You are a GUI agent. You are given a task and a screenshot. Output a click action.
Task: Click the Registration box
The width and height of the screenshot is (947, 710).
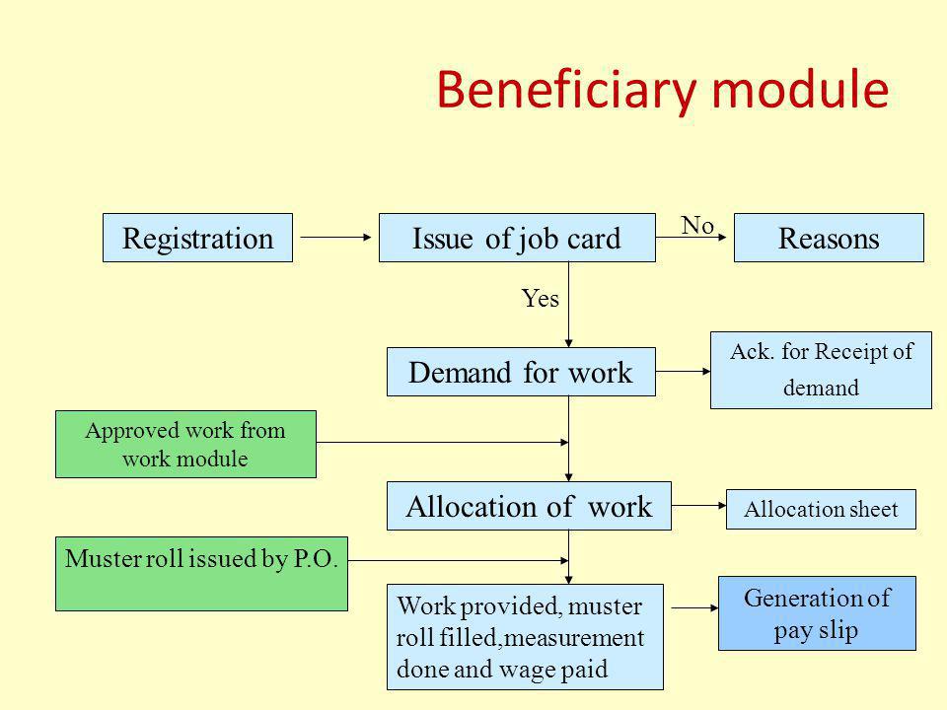197,238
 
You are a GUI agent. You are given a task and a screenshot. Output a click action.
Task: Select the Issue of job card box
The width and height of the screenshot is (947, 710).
517,238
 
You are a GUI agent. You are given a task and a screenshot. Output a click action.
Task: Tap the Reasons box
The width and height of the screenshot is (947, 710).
829,238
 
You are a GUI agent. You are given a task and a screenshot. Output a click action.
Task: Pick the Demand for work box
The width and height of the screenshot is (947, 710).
521,372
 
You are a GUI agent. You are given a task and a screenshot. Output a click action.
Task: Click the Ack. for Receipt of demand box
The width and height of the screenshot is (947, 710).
821,370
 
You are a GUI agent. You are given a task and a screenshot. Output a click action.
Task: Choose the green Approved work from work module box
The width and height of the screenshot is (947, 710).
185,445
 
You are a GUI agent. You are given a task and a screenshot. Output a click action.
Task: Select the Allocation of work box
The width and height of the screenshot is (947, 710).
529,506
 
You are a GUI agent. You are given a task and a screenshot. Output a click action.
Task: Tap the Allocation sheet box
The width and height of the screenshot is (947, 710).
821,510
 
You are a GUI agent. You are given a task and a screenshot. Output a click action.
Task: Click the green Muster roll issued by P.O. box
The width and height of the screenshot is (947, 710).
201,574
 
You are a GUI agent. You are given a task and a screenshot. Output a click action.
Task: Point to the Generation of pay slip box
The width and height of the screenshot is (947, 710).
817,613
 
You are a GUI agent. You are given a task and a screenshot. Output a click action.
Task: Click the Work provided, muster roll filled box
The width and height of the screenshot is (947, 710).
525,637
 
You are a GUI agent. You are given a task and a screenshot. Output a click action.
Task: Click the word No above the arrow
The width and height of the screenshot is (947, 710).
697,225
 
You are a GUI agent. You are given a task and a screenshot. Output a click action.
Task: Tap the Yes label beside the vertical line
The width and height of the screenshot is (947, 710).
540,298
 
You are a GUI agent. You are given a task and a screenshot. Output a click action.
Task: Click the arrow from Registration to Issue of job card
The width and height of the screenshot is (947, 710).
335,238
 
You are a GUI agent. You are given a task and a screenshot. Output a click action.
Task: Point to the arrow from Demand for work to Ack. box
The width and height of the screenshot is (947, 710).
683,372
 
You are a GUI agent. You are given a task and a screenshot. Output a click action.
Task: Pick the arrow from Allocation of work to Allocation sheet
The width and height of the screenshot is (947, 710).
698,505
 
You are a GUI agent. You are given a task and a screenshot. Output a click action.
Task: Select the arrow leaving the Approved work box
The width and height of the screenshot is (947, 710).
443,442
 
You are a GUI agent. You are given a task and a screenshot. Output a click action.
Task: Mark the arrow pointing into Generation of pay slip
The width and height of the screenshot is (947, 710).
695,608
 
